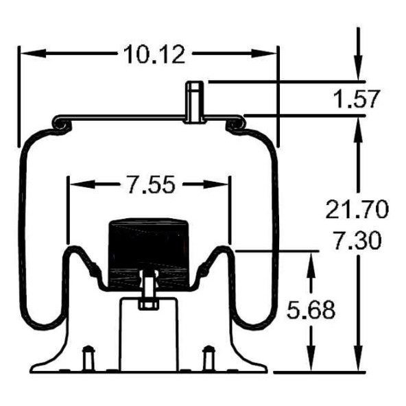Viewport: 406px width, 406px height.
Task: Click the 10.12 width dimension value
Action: pos(154,55)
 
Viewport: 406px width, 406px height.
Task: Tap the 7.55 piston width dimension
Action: pos(152,185)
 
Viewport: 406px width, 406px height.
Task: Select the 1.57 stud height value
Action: pos(357,99)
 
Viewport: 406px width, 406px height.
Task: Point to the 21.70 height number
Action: pos(357,209)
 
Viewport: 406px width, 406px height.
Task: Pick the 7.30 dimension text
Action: pos(357,241)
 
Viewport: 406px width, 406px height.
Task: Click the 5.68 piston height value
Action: pos(311,310)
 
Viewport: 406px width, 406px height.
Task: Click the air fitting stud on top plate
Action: pos(195,102)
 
